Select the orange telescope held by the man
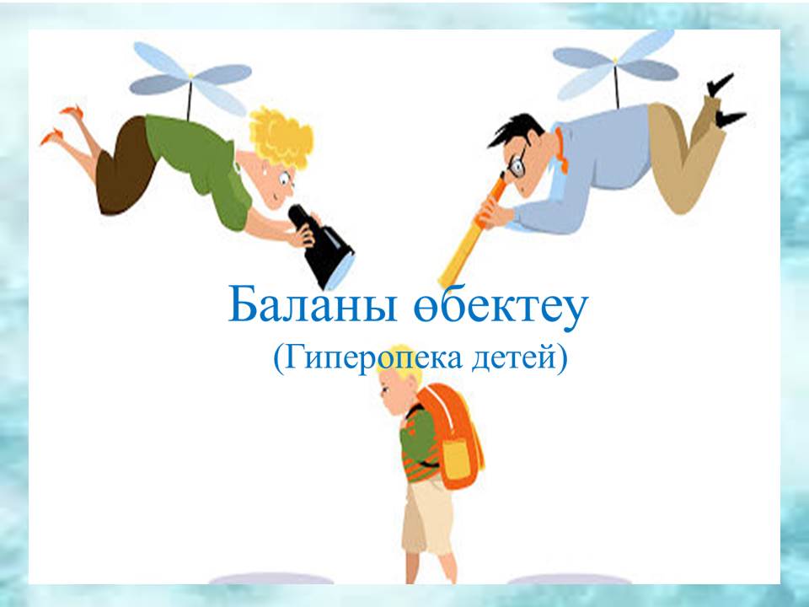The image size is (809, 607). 472,233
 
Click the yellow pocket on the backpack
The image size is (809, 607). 456,459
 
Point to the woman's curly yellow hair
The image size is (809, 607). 281,136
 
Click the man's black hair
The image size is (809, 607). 516,131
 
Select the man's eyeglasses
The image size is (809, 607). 517,164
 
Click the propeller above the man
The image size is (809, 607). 615,65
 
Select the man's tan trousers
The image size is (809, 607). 680,155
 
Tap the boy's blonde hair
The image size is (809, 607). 399,368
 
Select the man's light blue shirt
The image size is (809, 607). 593,170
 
